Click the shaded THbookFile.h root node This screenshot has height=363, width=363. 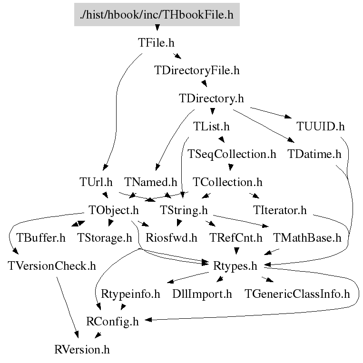click(157, 14)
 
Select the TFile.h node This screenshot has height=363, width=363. click(157, 43)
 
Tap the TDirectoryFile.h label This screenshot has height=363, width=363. click(197, 71)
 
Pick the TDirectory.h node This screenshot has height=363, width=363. click(211, 99)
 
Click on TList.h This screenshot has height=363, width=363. click(211, 127)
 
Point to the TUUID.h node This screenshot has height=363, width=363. click(321, 127)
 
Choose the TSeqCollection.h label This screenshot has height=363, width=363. click(232, 154)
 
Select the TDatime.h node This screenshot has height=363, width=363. click(314, 154)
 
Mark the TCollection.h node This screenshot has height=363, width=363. click(227, 182)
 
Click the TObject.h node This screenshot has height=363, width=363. click(114, 210)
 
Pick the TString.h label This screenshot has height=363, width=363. click(184, 210)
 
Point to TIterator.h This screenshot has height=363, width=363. click(280, 210)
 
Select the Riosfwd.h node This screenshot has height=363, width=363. click(171, 237)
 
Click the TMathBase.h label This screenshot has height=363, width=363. click(307, 237)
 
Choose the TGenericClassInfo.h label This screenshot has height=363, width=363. click(297, 294)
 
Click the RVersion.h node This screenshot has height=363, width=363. click(82, 350)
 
